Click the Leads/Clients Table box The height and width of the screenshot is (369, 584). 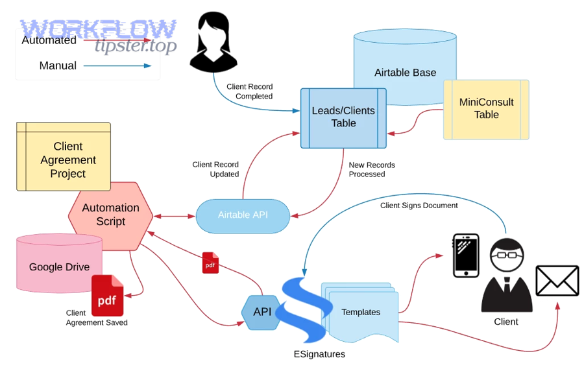(x=343, y=117)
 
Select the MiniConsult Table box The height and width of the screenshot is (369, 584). (x=486, y=109)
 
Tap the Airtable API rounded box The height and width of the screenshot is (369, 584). (x=243, y=215)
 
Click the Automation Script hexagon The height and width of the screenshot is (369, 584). (x=110, y=215)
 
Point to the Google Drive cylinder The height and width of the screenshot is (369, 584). (x=59, y=267)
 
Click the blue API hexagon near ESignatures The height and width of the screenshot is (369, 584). (x=262, y=312)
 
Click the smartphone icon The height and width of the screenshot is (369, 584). (x=465, y=256)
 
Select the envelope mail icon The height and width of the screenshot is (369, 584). (x=557, y=281)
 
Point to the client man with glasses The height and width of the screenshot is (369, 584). (x=506, y=275)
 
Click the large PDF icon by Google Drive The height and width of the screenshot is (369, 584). (x=107, y=296)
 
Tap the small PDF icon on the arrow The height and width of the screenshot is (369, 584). (x=210, y=263)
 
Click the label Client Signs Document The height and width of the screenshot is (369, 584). (x=419, y=206)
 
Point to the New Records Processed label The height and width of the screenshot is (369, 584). (x=371, y=169)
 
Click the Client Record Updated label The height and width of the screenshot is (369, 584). (x=215, y=169)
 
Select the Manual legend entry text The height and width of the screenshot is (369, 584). (x=58, y=65)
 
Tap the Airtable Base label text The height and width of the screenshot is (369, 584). (x=405, y=73)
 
